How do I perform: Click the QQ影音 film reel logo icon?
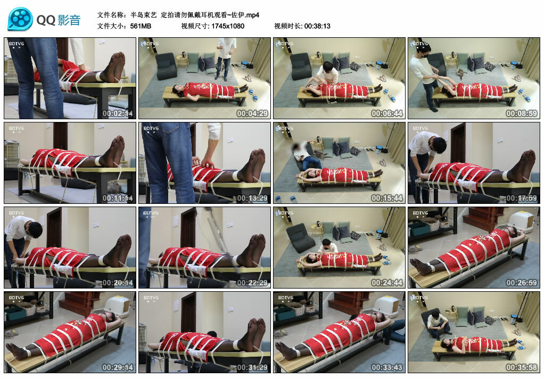(20, 20)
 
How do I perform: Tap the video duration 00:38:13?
(317, 26)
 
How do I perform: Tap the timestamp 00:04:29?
(253, 113)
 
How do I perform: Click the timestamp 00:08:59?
(522, 113)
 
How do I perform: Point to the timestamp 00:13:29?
(253, 198)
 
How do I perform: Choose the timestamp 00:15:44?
(387, 198)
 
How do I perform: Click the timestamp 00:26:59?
(522, 283)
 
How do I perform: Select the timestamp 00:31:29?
(253, 367)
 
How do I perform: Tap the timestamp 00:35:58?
(522, 367)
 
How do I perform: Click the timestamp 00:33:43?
(387, 367)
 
